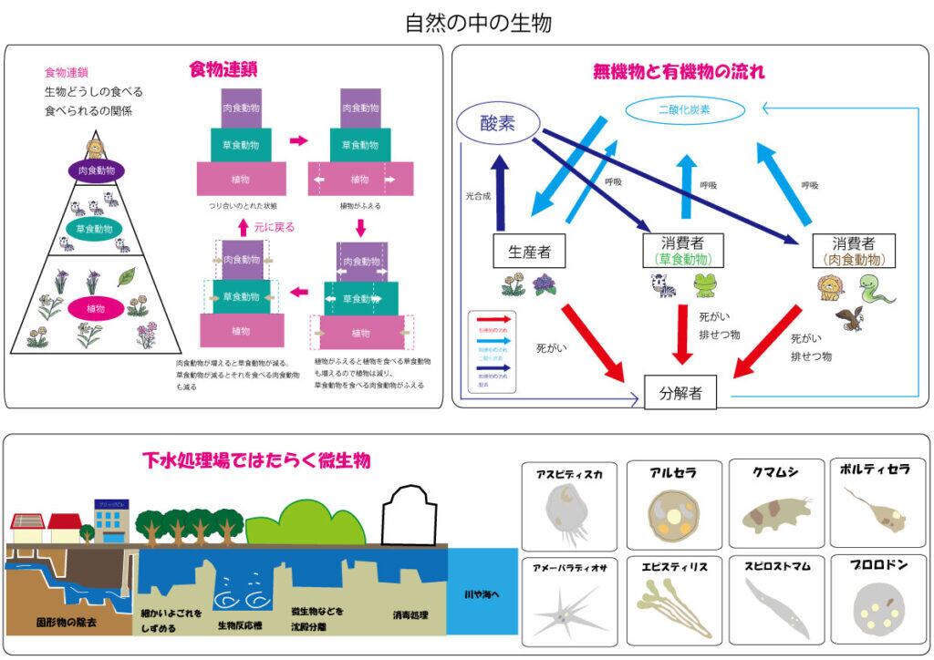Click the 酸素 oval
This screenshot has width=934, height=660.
pyautogui.click(x=498, y=123)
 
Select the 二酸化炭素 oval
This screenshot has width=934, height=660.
pyautogui.click(x=684, y=110)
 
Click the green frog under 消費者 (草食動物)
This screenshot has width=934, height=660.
pyautogui.click(x=705, y=285)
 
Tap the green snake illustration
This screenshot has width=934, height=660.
pyautogui.click(x=877, y=289)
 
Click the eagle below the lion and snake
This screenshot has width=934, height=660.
pyautogui.click(x=849, y=317)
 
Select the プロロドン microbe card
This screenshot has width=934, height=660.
pyautogui.click(x=878, y=598)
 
